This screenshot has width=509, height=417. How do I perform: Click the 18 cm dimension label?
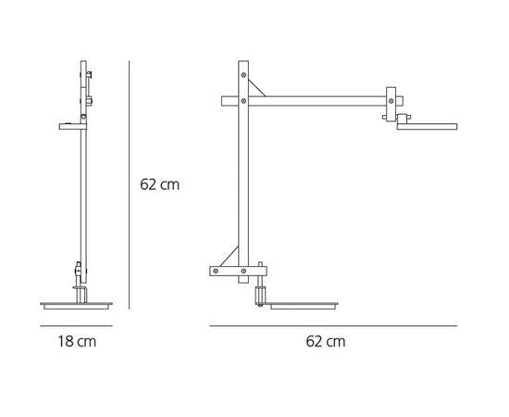[77, 342]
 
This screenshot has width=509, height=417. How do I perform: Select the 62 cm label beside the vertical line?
[160, 184]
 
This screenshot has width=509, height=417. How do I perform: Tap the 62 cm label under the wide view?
[326, 342]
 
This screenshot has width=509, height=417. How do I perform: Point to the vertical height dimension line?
[130, 185]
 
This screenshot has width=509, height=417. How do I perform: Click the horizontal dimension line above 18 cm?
[76, 325]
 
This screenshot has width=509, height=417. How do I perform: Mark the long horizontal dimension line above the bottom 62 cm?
[333, 325]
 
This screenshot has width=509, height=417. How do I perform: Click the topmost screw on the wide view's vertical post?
[243, 75]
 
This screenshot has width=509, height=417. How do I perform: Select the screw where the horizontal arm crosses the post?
[243, 101]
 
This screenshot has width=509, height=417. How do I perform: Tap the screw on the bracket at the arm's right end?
[391, 101]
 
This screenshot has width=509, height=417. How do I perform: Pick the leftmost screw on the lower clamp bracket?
[216, 271]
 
